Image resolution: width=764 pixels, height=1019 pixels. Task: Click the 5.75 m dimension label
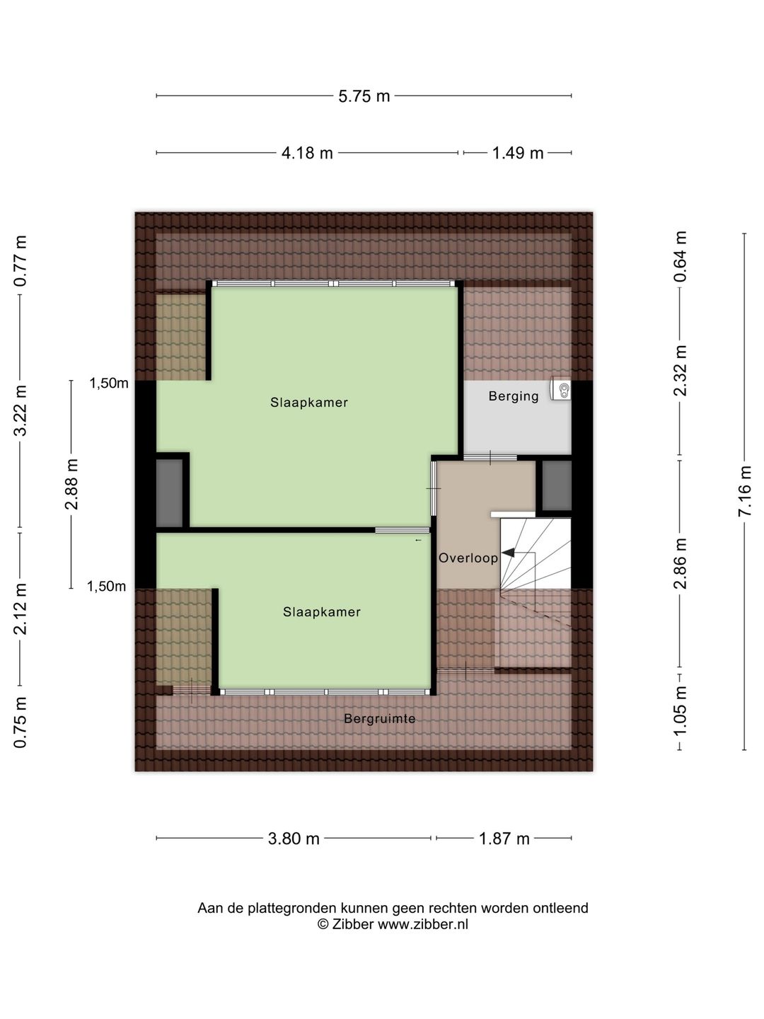click(x=364, y=96)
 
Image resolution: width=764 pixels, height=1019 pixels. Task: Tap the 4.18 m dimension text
click(x=307, y=153)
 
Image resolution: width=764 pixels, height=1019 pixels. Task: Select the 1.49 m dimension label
click(x=517, y=153)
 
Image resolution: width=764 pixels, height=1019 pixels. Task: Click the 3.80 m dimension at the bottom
click(x=294, y=839)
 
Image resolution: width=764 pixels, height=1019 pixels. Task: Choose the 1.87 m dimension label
click(x=504, y=839)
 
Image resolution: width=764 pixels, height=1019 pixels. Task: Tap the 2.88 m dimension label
click(x=71, y=484)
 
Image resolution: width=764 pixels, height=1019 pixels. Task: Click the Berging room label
click(x=514, y=396)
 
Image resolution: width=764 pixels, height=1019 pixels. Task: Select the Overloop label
click(x=468, y=558)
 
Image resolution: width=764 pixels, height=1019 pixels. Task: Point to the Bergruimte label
click(x=379, y=719)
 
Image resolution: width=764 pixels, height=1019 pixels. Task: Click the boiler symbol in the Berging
click(x=561, y=389)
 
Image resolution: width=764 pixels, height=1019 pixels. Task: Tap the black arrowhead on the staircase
click(x=509, y=553)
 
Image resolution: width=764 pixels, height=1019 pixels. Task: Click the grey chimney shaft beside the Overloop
click(x=557, y=485)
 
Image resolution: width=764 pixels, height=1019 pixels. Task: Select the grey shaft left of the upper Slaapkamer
click(x=169, y=493)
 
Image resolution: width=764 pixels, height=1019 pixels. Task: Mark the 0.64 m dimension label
click(x=680, y=256)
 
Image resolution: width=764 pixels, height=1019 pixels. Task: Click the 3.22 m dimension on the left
click(x=21, y=410)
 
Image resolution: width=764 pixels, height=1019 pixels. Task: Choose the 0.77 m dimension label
click(x=21, y=261)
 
